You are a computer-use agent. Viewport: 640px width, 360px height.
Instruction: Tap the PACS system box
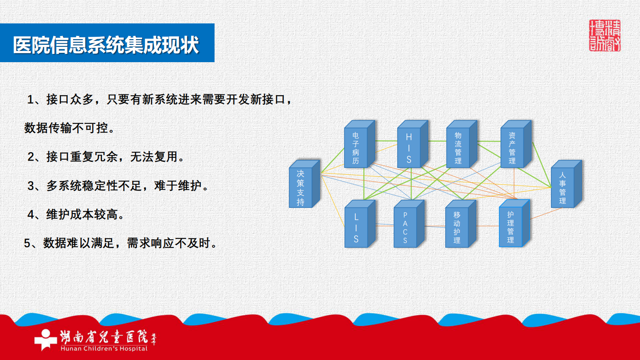[405, 227]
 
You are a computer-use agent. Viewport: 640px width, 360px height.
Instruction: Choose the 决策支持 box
[300, 188]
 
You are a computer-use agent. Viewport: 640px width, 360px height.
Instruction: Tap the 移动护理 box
[457, 227]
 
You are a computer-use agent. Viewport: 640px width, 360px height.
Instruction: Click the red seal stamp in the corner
[605, 36]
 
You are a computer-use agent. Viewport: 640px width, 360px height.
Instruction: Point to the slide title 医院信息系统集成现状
[106, 44]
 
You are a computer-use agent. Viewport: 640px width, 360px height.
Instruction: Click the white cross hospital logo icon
[45, 339]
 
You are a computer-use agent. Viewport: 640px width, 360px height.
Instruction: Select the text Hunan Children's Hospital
[104, 349]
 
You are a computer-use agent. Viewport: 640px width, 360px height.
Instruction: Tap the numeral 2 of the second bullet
[31, 157]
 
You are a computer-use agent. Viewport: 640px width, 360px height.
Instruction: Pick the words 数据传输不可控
[66, 128]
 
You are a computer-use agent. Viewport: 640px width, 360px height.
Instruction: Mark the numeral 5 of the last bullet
[27, 243]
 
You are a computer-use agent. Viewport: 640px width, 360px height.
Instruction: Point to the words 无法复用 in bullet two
[154, 157]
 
